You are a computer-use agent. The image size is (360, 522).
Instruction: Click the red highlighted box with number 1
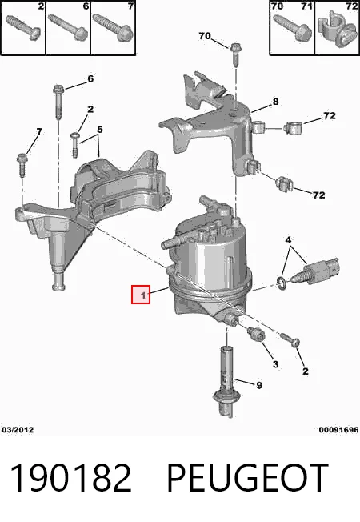click(141, 295)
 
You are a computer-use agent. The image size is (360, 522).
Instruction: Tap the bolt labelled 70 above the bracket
click(235, 54)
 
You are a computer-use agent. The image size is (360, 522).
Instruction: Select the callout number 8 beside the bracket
click(275, 102)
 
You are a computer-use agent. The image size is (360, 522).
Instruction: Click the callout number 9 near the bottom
click(259, 386)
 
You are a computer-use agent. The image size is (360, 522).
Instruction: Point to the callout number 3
click(275, 364)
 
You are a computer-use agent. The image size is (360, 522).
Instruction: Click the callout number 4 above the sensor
click(288, 239)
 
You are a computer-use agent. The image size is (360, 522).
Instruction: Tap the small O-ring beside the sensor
click(282, 282)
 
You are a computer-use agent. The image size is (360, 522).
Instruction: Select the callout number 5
click(100, 129)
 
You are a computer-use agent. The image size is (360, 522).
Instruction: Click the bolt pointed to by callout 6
click(58, 102)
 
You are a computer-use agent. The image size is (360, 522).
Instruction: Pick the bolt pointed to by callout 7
click(22, 165)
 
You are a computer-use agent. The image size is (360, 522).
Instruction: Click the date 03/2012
click(18, 430)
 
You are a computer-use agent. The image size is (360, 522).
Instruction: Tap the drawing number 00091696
click(338, 430)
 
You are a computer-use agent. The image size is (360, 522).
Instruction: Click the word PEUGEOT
click(247, 477)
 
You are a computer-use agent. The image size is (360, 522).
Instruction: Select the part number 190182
click(71, 477)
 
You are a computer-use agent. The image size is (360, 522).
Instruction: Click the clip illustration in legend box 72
click(337, 30)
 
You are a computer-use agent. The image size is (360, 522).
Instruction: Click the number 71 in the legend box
click(306, 6)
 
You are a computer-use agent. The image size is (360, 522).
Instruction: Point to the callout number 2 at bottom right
click(305, 371)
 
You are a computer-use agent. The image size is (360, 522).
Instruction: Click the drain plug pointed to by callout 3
click(256, 334)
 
